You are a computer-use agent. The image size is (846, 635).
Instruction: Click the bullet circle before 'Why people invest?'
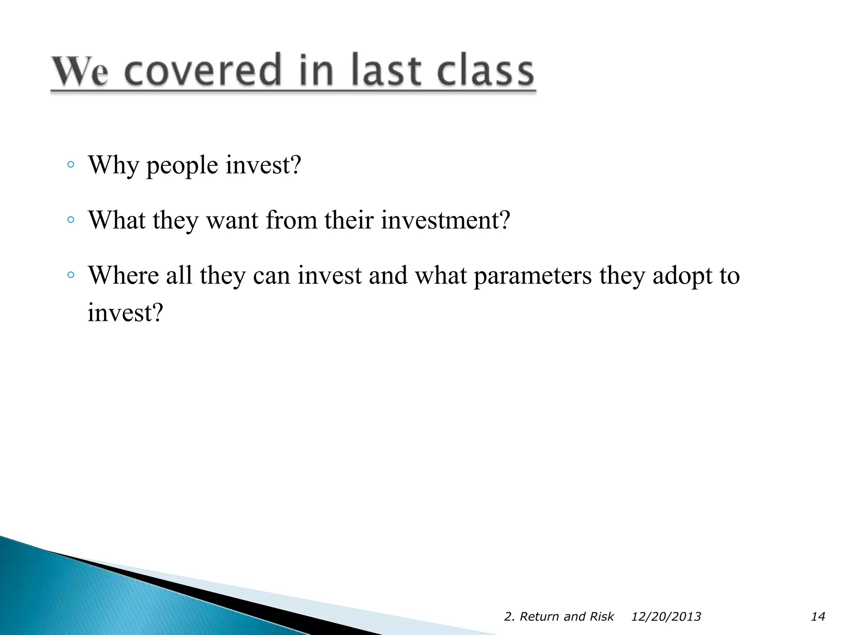pyautogui.click(x=71, y=165)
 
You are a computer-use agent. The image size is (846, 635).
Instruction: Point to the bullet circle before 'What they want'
pyautogui.click(x=71, y=220)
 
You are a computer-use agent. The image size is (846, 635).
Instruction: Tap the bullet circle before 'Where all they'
pyautogui.click(x=71, y=275)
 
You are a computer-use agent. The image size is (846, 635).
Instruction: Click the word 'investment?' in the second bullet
pyautogui.click(x=445, y=220)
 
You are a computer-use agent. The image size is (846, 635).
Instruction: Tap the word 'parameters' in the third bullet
pyautogui.click(x=532, y=276)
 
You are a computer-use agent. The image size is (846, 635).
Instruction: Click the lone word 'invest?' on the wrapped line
pyautogui.click(x=126, y=313)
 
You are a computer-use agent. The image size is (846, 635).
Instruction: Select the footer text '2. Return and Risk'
pyautogui.click(x=558, y=616)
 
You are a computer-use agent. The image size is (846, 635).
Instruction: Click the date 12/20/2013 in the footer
pyautogui.click(x=666, y=616)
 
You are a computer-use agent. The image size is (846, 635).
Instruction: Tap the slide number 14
pyautogui.click(x=817, y=616)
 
